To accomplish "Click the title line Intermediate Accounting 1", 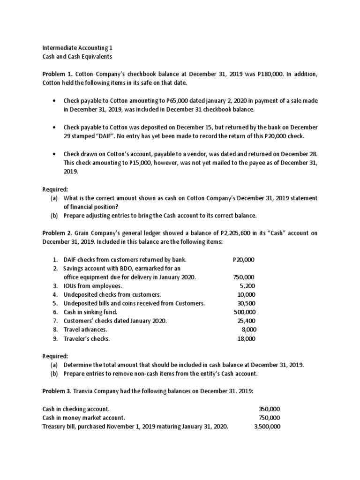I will tap(77, 48).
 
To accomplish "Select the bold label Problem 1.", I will tap(57, 74).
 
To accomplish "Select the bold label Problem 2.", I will tap(57, 233).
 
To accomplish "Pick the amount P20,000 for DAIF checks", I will tap(244, 260).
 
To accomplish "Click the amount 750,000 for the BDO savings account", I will tap(244, 277).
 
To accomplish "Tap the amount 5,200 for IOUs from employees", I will tap(247, 286).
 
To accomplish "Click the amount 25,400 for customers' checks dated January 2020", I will tap(245, 321).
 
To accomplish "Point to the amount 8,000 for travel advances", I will tap(248, 330).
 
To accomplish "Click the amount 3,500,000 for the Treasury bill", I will tap(266, 427).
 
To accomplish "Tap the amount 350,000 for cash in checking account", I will tap(269, 409).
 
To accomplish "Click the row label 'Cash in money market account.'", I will tap(83, 418).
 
